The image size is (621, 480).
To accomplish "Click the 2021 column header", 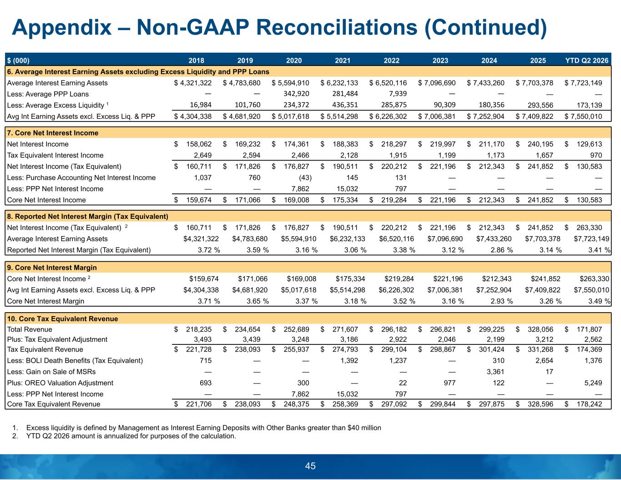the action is pyautogui.click(x=343, y=61).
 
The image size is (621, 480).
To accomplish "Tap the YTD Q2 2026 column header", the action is pyautogui.click(x=587, y=61).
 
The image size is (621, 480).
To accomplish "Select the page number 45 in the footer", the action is pyautogui.click(x=310, y=466).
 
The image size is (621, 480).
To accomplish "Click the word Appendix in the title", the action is pyautogui.click(x=62, y=28).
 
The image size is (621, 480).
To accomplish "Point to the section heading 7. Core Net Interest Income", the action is pyautogui.click(x=53, y=133).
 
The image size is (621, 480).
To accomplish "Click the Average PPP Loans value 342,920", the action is pyautogui.click(x=296, y=94).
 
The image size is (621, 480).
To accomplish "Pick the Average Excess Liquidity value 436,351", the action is pyautogui.click(x=345, y=105).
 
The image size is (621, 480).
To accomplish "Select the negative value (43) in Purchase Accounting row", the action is pyautogui.click(x=305, y=178).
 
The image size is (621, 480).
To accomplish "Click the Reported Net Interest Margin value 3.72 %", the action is pyautogui.click(x=209, y=250).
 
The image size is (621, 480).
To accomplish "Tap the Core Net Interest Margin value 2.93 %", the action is pyautogui.click(x=502, y=301).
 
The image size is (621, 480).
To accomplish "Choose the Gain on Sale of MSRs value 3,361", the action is pyautogui.click(x=495, y=372).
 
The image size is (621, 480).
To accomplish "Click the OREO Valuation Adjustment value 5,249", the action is pyautogui.click(x=593, y=383).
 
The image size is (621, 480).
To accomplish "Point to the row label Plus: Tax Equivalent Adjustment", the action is pyautogui.click(x=57, y=339).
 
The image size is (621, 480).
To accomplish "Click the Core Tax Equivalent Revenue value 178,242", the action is pyautogui.click(x=589, y=404).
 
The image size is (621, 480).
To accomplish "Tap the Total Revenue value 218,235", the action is pyautogui.click(x=199, y=329).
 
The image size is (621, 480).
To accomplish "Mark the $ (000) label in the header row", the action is pyautogui.click(x=18, y=61).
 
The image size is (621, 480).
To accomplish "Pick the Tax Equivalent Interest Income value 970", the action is pyautogui.click(x=596, y=155).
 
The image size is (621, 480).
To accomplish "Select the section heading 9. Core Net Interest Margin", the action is pyautogui.click(x=52, y=268).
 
